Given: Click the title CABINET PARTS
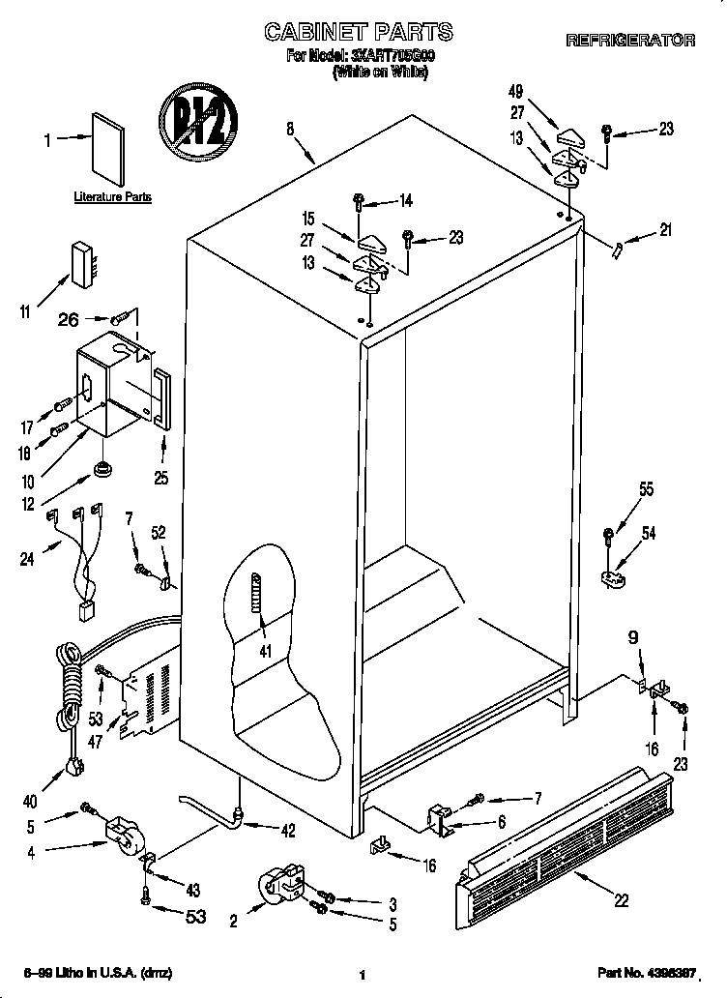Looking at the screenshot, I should tap(360, 33).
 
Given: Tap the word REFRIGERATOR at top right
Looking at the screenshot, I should tap(629, 41).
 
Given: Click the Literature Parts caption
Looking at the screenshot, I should tap(113, 197).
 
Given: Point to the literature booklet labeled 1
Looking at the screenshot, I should tap(109, 148).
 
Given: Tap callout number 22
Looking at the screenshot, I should tap(621, 899).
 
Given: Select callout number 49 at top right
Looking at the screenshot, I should tap(515, 93).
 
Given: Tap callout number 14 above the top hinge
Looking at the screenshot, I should tap(405, 201).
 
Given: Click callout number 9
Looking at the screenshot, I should tap(633, 637).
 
